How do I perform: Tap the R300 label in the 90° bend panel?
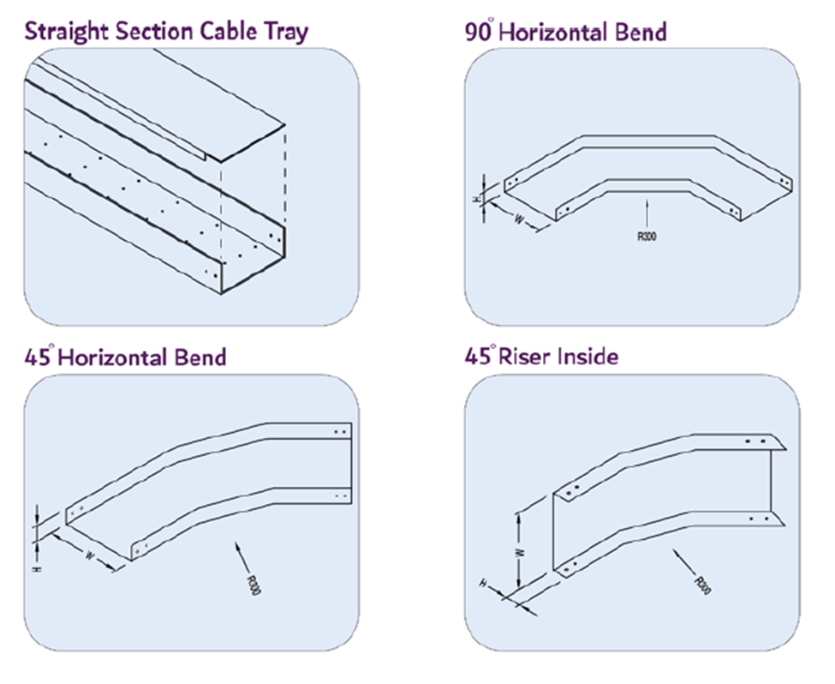point(647,237)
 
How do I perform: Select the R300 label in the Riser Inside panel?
point(702,585)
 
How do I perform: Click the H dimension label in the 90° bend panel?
point(476,199)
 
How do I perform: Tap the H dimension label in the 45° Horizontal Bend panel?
point(37,568)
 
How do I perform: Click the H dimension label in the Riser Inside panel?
point(486,585)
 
